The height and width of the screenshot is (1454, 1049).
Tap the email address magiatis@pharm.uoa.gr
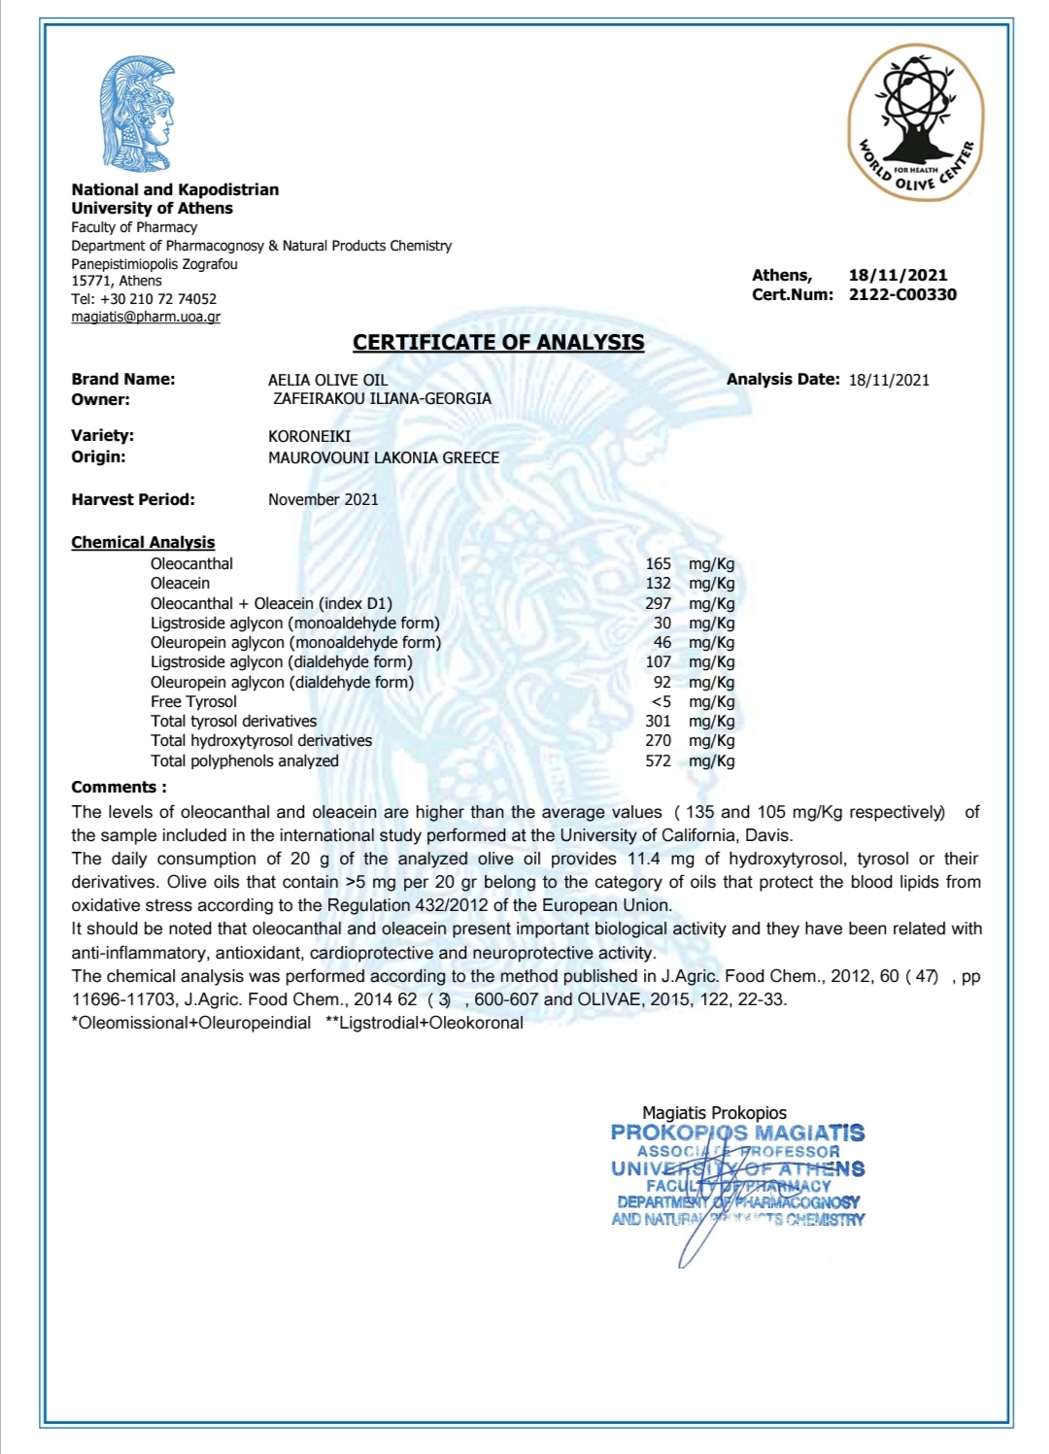(x=146, y=317)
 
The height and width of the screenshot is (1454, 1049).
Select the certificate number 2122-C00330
(x=902, y=294)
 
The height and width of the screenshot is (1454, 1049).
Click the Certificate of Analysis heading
(x=498, y=342)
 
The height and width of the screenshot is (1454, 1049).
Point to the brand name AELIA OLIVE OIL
(x=327, y=380)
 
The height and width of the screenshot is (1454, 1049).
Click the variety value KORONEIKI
(x=309, y=436)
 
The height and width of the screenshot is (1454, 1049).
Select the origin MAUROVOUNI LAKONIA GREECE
(x=384, y=457)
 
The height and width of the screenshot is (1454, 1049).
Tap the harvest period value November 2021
(x=323, y=499)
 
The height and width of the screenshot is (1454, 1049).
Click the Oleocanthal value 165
(x=658, y=563)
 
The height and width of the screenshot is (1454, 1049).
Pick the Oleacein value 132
(x=658, y=583)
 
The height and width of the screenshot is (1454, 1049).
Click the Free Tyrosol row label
(x=193, y=701)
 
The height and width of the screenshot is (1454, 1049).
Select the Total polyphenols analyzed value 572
(x=658, y=761)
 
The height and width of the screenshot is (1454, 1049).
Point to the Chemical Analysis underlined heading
(x=143, y=542)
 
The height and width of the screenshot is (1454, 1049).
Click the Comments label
(x=118, y=787)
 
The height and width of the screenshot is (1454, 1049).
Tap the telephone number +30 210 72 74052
(x=158, y=299)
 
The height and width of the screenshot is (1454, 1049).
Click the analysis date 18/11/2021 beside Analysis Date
(x=889, y=380)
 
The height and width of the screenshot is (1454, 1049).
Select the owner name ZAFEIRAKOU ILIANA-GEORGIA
(x=382, y=398)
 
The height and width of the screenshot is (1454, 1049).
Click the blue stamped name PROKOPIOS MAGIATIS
(x=737, y=1133)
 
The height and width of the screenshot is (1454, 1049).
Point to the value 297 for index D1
(x=658, y=603)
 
